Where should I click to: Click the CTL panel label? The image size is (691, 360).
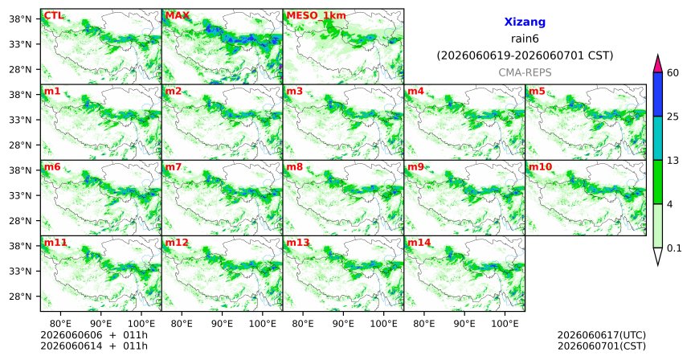coord(53,16)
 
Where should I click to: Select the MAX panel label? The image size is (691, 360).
coord(177,16)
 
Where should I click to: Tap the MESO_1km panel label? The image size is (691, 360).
coord(316,16)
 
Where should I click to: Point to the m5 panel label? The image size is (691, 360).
coord(537,92)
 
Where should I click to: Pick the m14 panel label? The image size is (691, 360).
coord(419,243)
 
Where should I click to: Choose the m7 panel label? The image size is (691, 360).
coord(174,167)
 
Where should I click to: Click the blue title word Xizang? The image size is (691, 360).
coord(525,22)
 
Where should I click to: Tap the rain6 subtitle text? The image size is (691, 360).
coord(525,39)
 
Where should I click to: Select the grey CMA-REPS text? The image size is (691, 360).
coord(525,72)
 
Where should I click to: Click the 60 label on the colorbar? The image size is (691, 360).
coord(673,72)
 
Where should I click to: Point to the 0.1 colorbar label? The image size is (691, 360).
coord(674,248)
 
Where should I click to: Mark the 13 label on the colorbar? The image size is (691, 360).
coord(673,161)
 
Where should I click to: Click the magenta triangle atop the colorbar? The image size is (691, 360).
coord(658,63)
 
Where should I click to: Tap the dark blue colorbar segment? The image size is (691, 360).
coord(658,94)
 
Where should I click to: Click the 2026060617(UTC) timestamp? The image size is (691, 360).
coord(602,336)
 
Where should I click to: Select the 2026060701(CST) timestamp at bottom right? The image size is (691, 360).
coord(602,346)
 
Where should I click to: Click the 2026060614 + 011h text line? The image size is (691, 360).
coord(94,346)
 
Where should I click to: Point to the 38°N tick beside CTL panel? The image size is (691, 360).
coord(21,19)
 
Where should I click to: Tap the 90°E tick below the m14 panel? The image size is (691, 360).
coord(464,324)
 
